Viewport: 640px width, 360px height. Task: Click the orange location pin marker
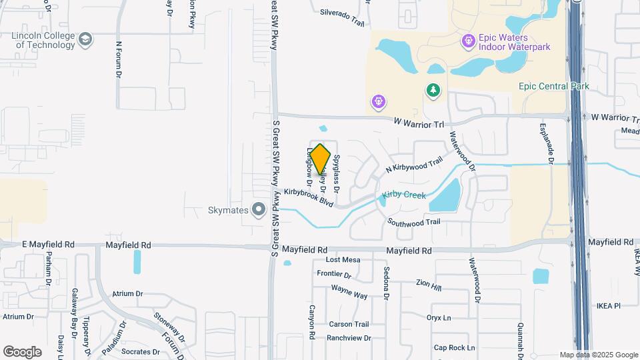(321, 159)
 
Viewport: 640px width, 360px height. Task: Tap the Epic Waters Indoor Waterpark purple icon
(469, 41)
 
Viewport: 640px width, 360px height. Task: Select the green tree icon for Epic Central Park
(433, 89)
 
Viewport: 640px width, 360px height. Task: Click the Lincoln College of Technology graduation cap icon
(85, 40)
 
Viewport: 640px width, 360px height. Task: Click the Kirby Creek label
(404, 196)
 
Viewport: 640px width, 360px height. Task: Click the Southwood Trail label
(414, 222)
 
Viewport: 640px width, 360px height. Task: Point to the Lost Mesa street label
(343, 260)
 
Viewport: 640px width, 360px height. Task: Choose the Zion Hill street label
(428, 285)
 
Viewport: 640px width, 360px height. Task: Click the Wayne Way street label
(349, 292)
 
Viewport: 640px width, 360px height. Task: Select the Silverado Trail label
(342, 17)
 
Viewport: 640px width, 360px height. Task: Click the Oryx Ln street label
(439, 317)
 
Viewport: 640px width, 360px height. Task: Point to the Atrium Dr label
(128, 293)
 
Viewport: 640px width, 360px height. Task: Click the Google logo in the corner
(23, 351)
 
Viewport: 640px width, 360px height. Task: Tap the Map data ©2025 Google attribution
(598, 355)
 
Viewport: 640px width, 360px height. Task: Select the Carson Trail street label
(348, 324)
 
